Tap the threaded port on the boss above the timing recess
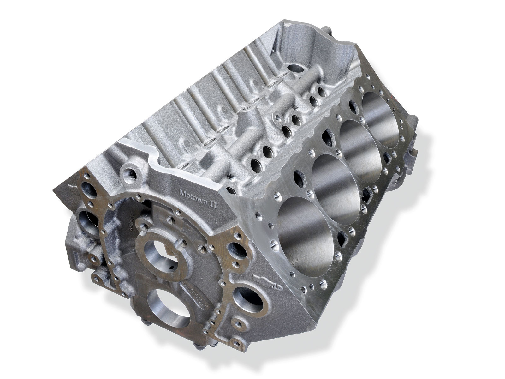point(131,174)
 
